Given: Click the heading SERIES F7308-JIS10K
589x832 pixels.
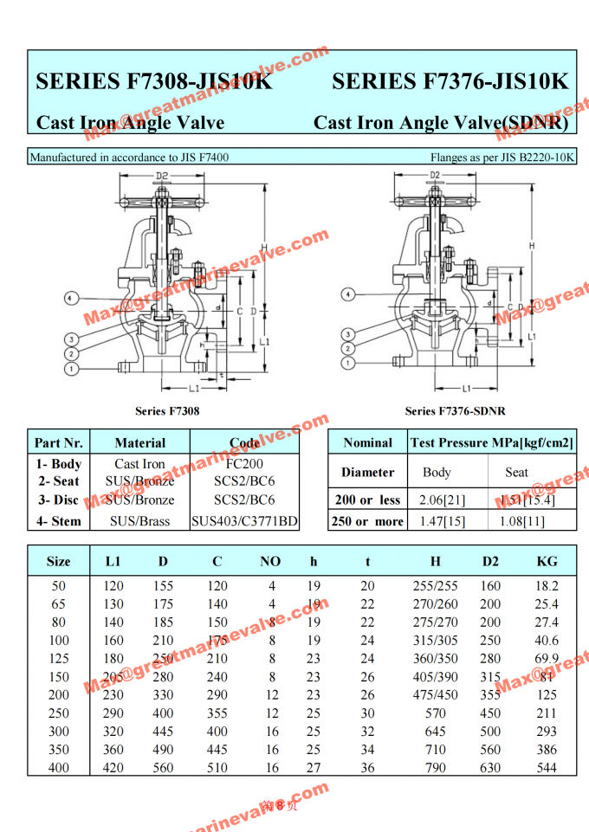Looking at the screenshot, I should (x=153, y=81).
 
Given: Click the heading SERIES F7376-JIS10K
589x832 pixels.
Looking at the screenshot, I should (x=450, y=81).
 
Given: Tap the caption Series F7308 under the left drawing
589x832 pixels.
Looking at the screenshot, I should (x=167, y=410).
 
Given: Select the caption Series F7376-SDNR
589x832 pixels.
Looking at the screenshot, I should (x=455, y=410).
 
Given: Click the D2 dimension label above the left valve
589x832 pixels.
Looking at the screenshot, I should (x=162, y=177).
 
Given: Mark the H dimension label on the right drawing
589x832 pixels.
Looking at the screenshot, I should (x=530, y=246).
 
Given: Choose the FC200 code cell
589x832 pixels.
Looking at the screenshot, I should (x=244, y=464).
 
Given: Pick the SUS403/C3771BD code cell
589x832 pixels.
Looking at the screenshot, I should (x=244, y=521).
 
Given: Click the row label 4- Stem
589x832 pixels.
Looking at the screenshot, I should (x=59, y=521).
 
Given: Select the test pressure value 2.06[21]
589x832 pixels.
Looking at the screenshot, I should (x=437, y=500).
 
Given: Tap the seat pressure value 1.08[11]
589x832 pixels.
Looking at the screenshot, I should (x=517, y=521).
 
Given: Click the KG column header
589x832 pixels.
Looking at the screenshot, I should (x=547, y=561).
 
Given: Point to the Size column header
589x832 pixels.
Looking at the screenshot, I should (x=59, y=561).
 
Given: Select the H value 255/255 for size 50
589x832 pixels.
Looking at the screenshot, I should (x=435, y=586).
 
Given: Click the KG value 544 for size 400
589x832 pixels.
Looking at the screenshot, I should (x=547, y=767).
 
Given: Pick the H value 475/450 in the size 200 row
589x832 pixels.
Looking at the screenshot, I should (x=435, y=695).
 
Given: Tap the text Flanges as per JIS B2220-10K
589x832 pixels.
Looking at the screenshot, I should (x=502, y=158).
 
